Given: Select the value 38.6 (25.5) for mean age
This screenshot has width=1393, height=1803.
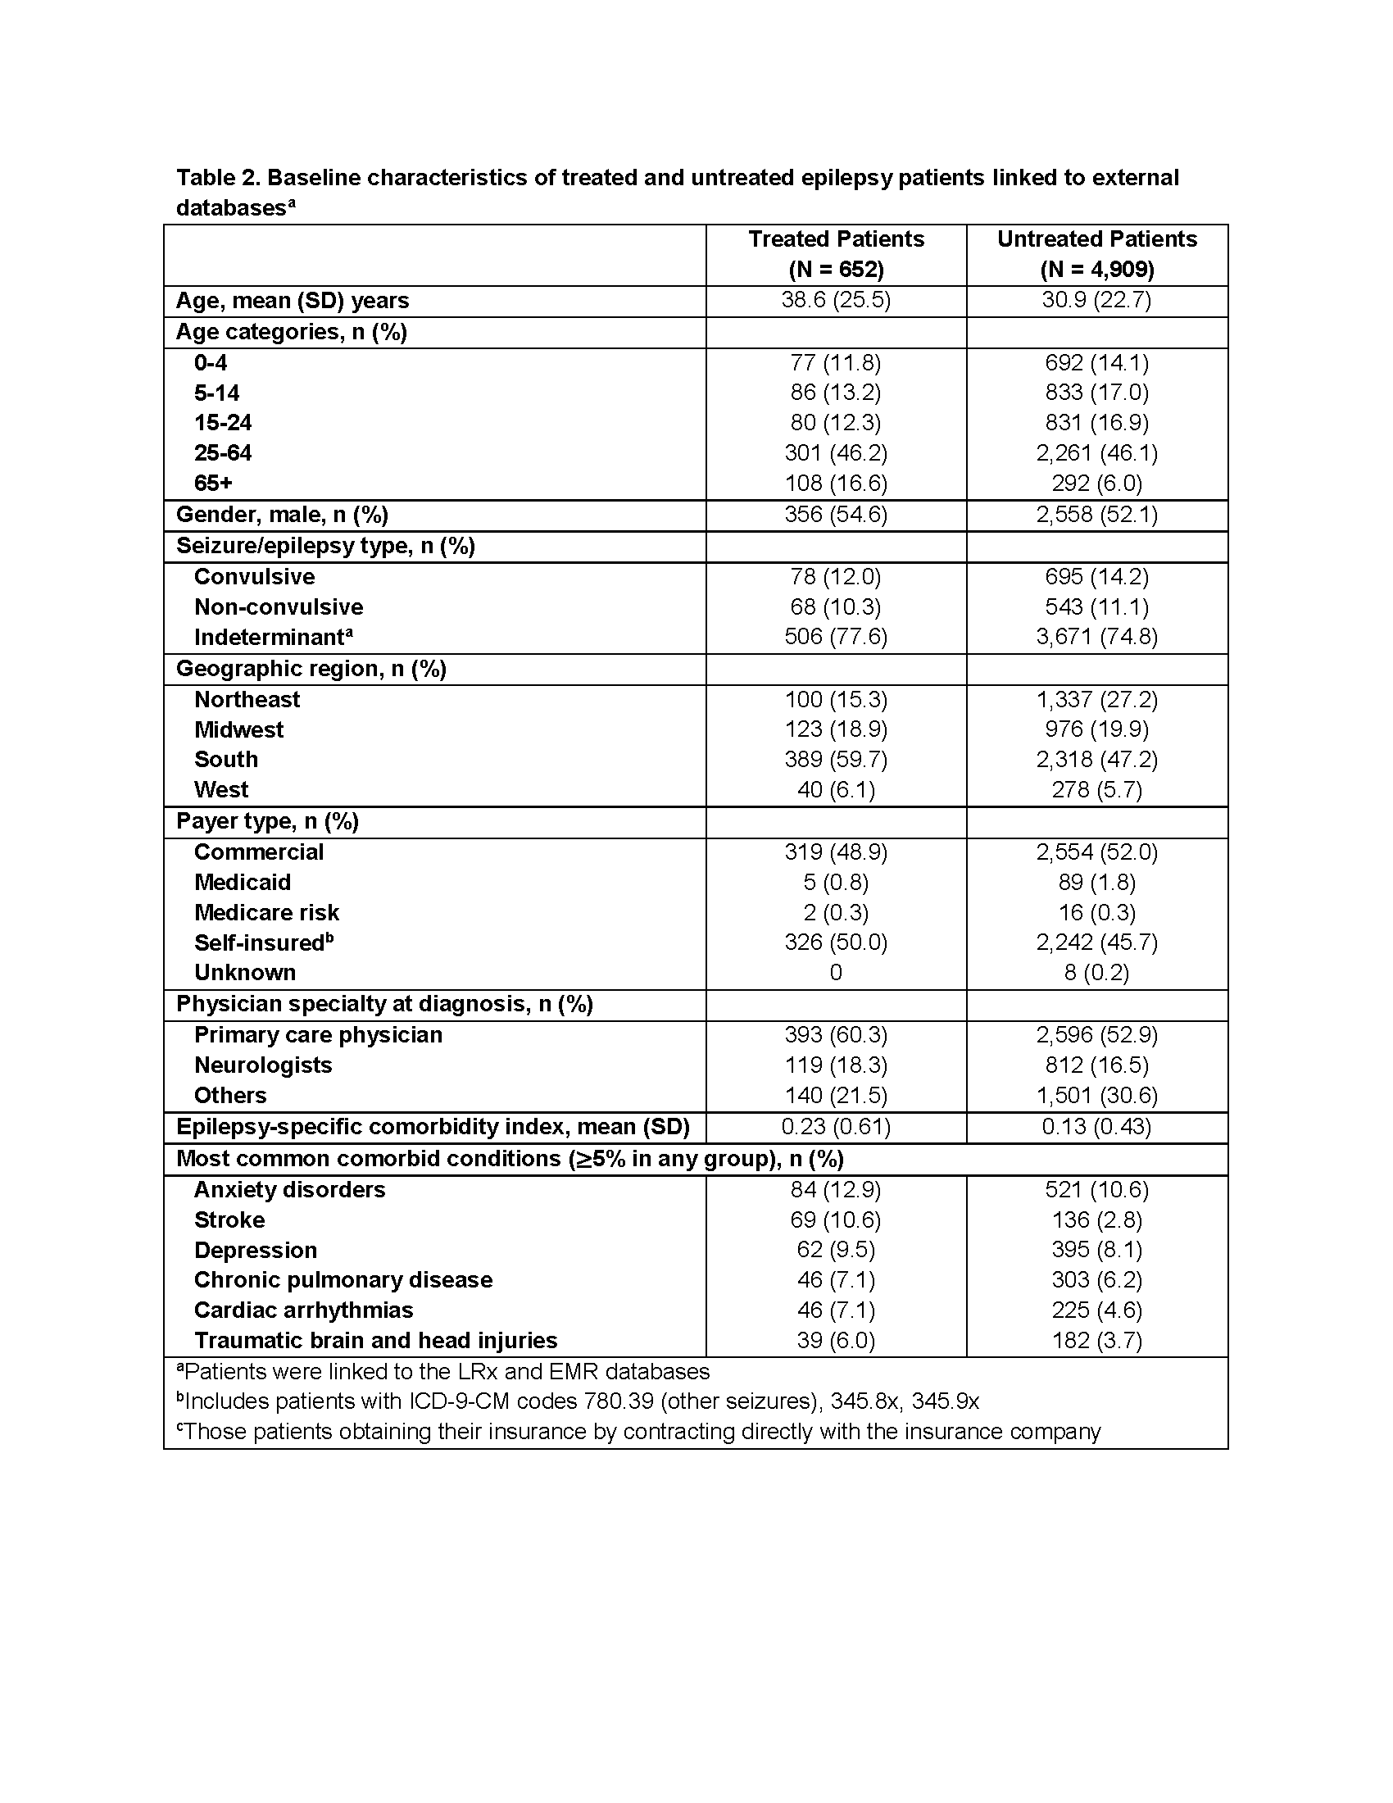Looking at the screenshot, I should click(x=836, y=301).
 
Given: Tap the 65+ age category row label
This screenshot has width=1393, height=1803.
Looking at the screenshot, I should click(x=213, y=483).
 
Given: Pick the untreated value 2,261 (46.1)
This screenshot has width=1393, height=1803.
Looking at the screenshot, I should click(x=1096, y=453).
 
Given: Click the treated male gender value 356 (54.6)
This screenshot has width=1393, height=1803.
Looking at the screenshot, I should click(x=836, y=515).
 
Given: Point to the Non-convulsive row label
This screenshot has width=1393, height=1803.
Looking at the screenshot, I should click(x=278, y=607).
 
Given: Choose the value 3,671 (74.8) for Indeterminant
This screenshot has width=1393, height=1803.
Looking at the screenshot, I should click(x=1096, y=638).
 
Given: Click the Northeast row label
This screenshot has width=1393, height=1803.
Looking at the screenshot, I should click(x=247, y=700).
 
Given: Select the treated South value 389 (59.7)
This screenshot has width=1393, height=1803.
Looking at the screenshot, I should click(x=836, y=760).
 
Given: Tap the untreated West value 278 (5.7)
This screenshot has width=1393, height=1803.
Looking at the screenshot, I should click(x=1096, y=790).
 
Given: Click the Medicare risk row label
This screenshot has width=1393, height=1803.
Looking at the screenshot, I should click(x=266, y=913).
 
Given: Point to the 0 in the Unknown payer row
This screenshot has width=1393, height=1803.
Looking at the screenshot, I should click(x=836, y=974).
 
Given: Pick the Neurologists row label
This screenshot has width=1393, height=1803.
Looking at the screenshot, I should click(x=262, y=1065).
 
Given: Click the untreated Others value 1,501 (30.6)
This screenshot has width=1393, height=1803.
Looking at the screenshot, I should click(x=1096, y=1097).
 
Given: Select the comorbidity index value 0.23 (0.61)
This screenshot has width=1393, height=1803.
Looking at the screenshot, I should click(x=836, y=1128).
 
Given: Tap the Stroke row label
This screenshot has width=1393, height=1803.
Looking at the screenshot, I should click(x=229, y=1221).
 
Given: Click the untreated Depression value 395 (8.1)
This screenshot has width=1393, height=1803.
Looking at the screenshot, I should click(x=1096, y=1251).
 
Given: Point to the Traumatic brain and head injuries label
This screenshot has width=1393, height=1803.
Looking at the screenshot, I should click(x=375, y=1341).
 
